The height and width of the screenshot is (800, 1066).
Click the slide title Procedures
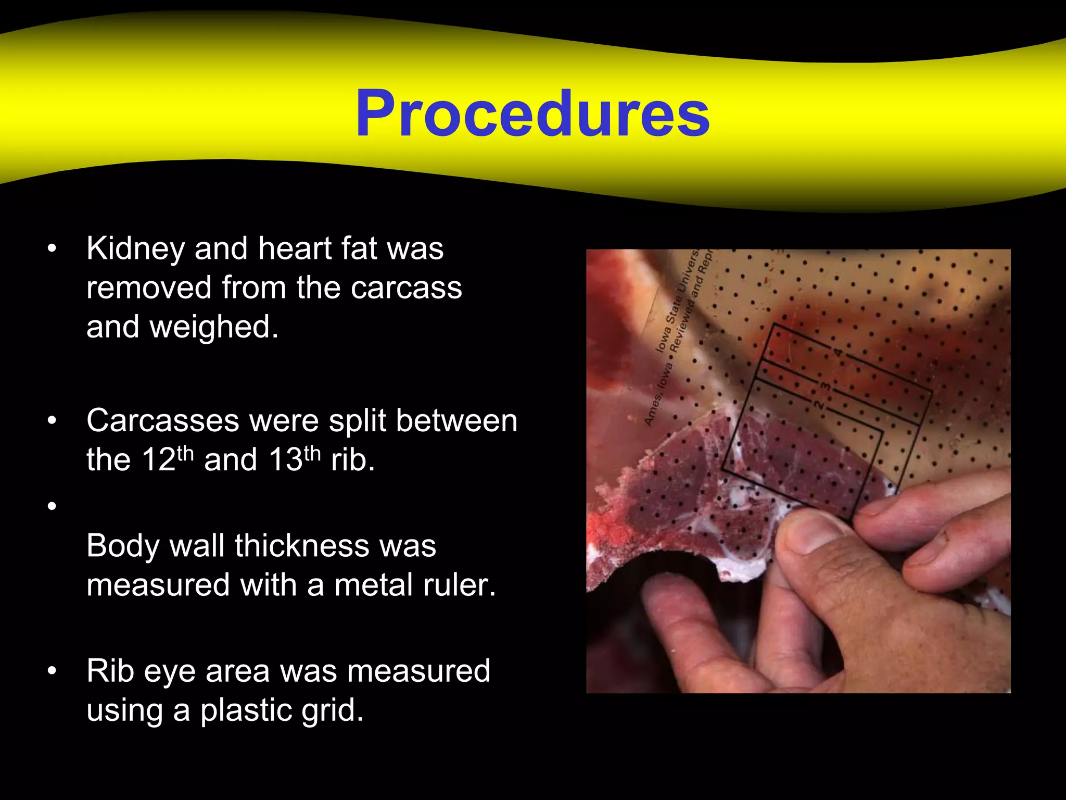[532, 114]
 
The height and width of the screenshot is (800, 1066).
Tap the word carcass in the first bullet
[406, 288]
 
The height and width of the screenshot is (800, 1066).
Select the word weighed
[214, 328]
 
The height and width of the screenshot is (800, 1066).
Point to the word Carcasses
[162, 420]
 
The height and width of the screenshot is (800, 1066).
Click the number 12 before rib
[159, 460]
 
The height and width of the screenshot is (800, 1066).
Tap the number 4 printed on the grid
[838, 353]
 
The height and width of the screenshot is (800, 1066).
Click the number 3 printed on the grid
[826, 387]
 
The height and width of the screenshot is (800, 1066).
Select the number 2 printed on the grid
[819, 405]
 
